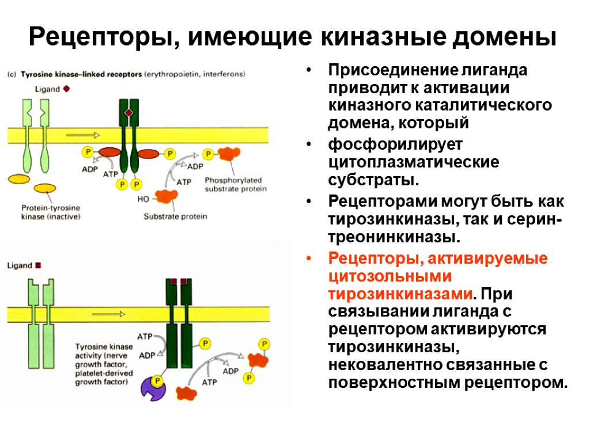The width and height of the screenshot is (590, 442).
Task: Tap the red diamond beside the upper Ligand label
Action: coord(66,89)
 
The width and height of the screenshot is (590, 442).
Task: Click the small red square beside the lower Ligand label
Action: coord(39,265)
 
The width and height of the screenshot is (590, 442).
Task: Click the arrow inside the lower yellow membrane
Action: coord(109,314)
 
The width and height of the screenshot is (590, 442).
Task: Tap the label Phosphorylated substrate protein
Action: coord(236,184)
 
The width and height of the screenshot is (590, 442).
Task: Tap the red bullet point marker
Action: coord(310,258)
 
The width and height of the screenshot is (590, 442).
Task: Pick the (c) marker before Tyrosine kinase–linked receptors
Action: coord(12,74)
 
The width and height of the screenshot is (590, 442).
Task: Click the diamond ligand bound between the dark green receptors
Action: coord(129,112)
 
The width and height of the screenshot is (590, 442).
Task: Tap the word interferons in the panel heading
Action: coord(225,74)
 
